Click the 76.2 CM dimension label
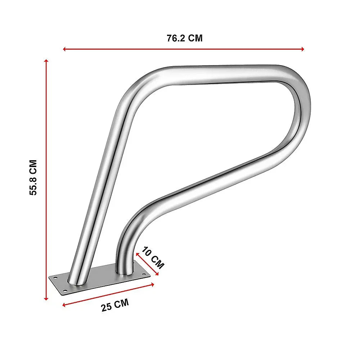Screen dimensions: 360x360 click(185, 38)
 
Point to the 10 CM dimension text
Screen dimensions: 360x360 click(153, 258)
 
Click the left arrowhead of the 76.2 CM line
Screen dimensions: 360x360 click(64, 49)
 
